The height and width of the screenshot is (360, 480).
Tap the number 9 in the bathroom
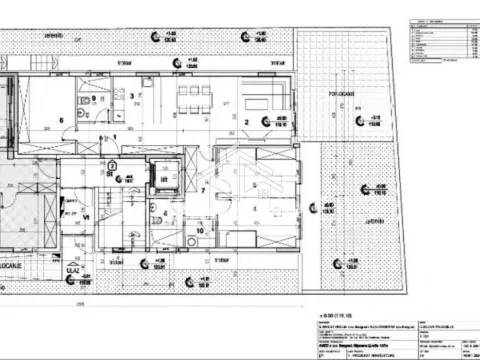(94, 99)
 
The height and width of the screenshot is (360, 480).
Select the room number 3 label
(132, 97)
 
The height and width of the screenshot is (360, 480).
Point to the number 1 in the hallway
(114, 137)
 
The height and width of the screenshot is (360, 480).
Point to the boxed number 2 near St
(112, 166)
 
